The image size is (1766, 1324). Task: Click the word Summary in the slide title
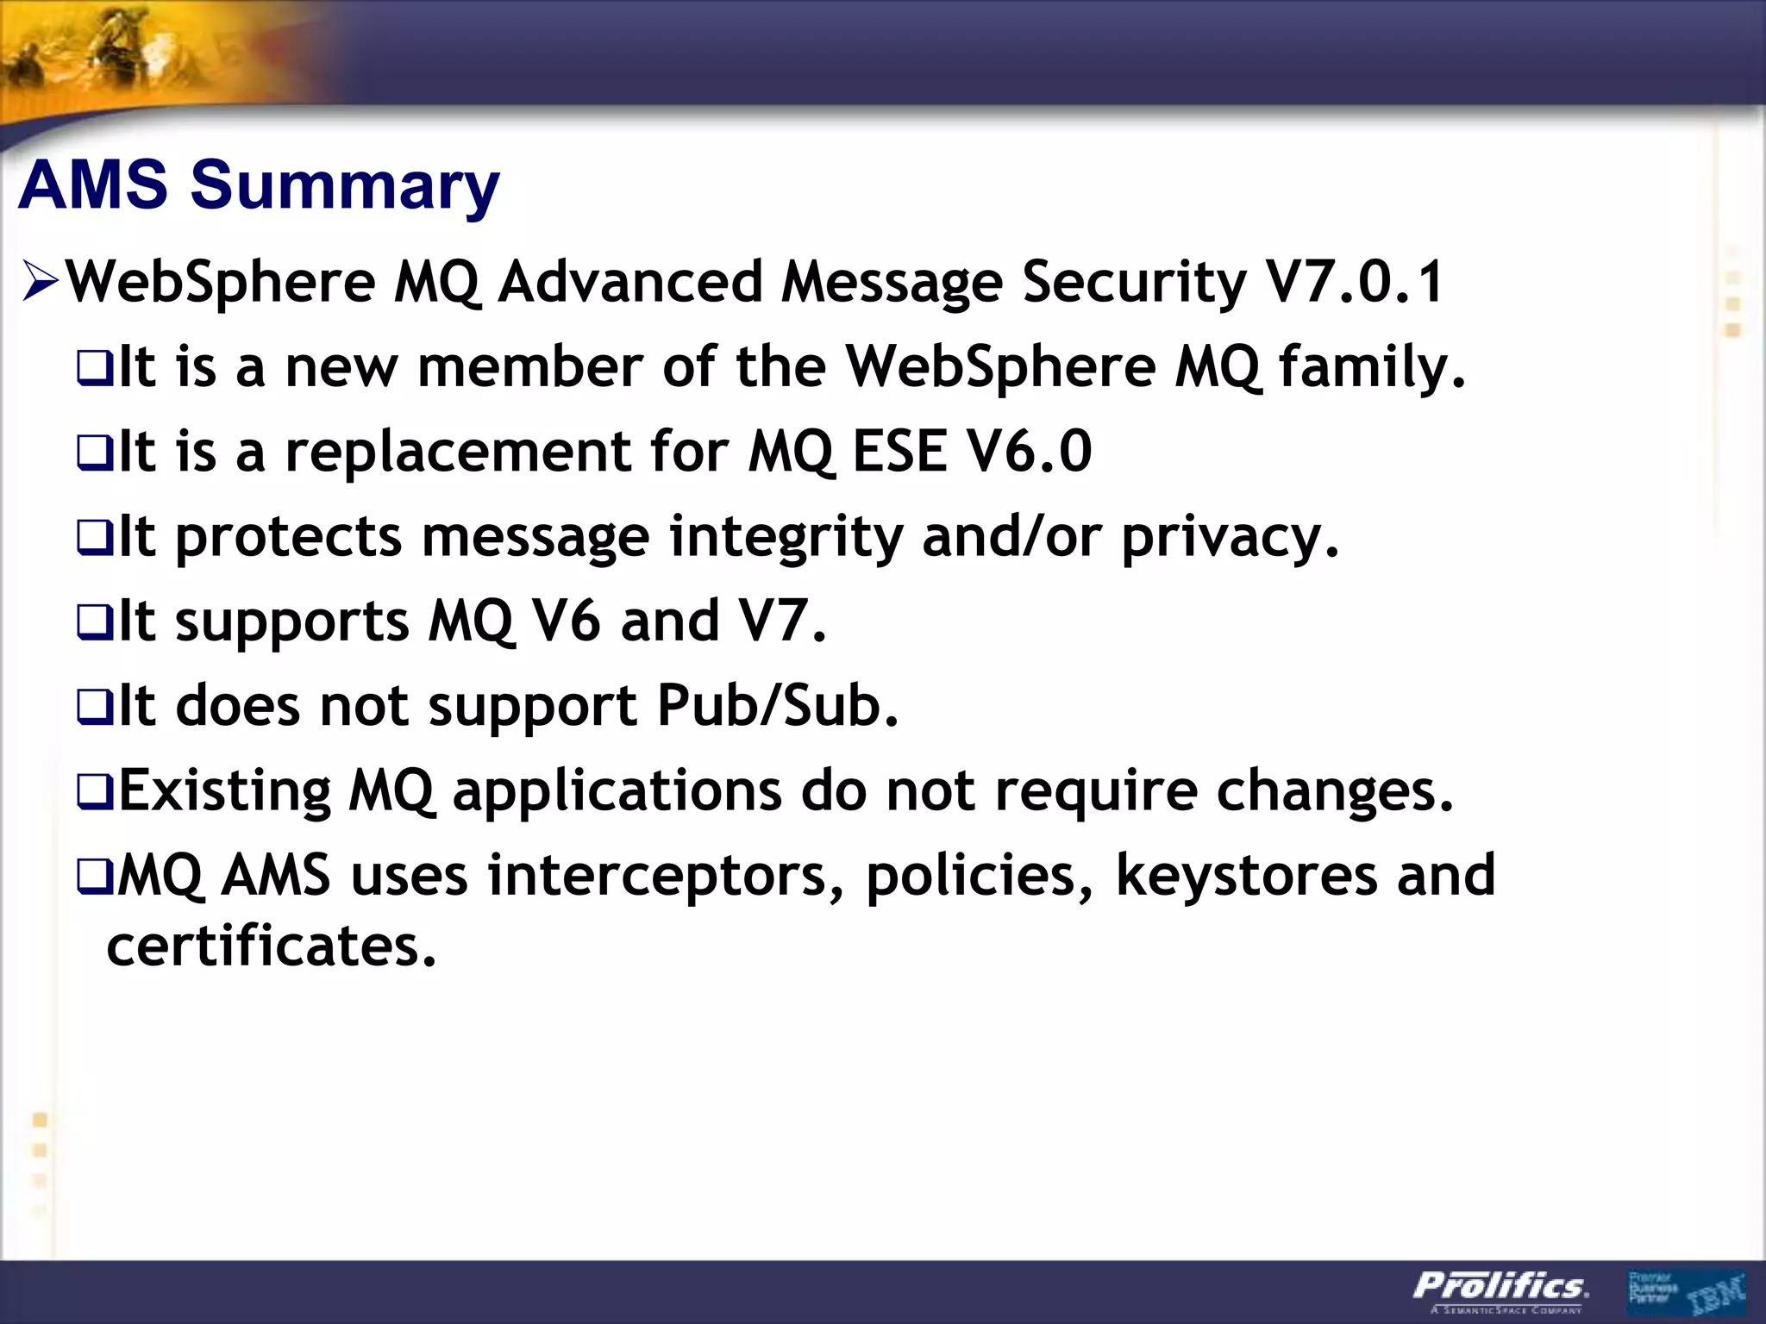(345, 186)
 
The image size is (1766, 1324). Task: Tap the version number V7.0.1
(1354, 283)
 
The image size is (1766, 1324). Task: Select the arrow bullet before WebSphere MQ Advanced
(41, 283)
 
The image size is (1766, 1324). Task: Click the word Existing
(224, 791)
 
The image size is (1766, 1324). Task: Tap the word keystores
(1246, 876)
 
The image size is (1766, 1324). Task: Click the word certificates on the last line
(271, 946)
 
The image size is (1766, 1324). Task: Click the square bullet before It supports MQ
(94, 623)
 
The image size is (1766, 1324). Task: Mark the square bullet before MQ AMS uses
(94, 877)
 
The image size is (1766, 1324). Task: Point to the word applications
(617, 791)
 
